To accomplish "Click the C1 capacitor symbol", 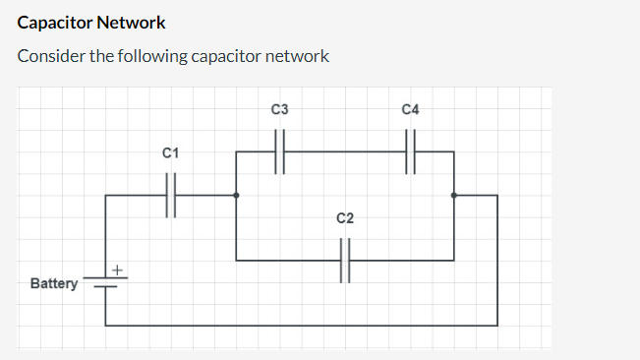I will click(170, 195).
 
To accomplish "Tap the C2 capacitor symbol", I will click(345, 261).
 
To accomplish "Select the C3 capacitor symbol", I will click(279, 151).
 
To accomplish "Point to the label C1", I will click(170, 153).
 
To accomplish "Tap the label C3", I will click(279, 108).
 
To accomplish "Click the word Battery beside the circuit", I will click(54, 284).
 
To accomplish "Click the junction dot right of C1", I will click(236, 195).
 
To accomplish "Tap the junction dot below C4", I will click(453, 195).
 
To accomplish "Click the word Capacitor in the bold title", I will click(57, 22).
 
